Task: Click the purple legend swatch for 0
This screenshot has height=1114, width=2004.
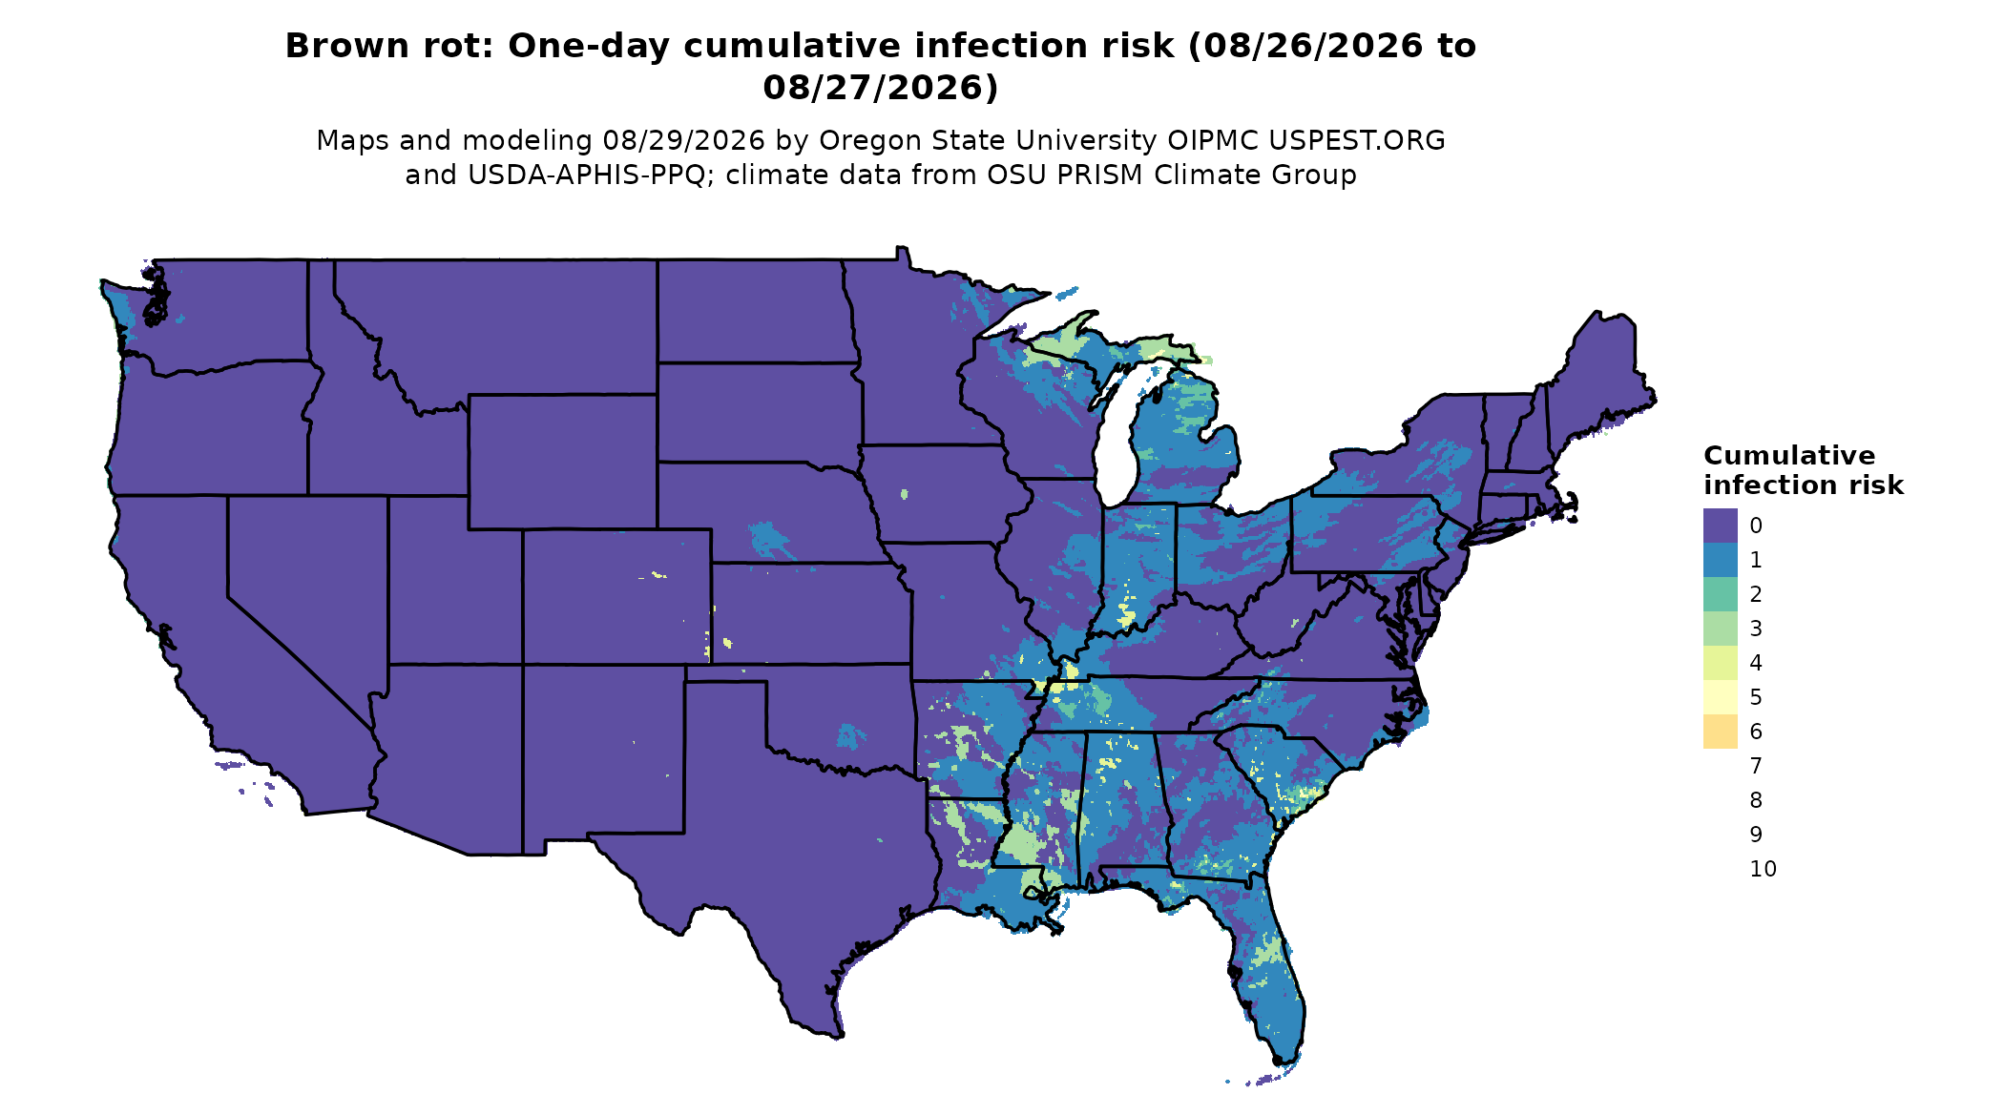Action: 1720,526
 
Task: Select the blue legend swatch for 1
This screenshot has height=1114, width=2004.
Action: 1720,560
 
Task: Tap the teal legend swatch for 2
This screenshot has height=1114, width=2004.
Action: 1720,594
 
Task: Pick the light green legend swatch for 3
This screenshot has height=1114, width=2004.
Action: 1720,629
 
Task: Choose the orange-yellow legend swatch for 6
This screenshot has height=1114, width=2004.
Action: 1720,732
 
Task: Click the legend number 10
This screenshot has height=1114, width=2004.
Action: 1763,869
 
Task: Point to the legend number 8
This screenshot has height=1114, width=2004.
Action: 1756,800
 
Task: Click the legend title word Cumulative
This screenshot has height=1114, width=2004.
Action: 1789,456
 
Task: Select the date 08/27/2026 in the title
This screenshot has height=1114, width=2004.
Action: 880,87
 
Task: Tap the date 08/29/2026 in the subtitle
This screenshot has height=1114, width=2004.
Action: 683,140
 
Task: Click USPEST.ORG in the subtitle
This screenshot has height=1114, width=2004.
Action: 1356,140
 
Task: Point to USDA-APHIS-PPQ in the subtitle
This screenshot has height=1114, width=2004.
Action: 592,175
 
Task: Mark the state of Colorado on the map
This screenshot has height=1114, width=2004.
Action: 616,596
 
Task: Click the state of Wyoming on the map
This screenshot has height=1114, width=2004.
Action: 562,462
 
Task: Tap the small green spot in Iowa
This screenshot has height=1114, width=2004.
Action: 905,494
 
